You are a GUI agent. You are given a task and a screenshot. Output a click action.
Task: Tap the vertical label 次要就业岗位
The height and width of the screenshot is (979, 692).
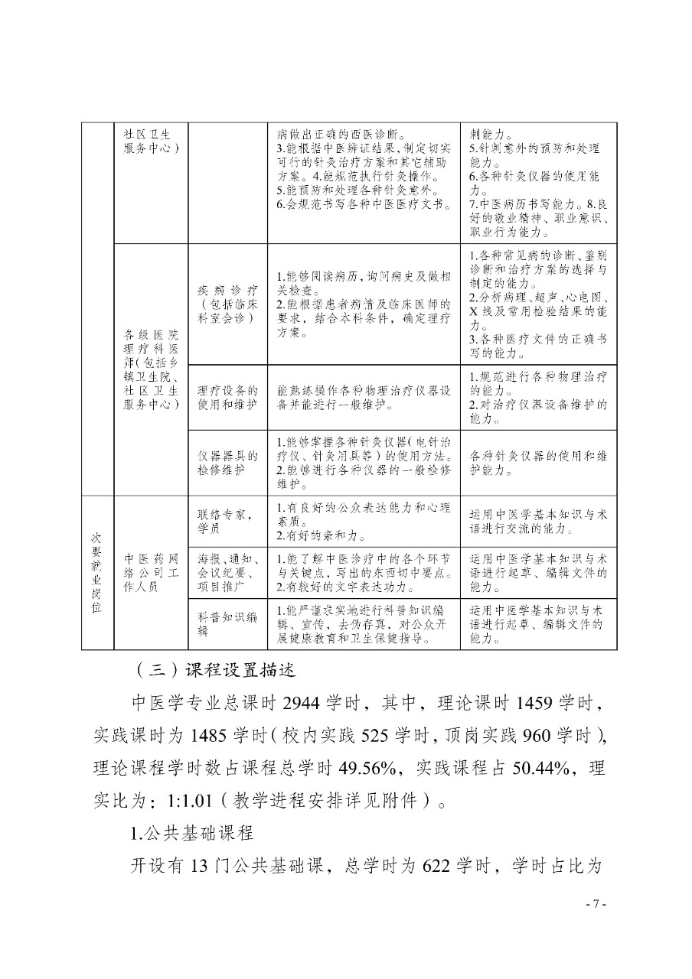pyautogui.click(x=97, y=572)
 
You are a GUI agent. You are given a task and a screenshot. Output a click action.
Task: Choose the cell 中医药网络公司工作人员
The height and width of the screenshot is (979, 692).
pyautogui.click(x=151, y=573)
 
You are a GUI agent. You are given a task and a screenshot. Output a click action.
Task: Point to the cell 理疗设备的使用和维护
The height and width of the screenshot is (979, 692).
pyautogui.click(x=227, y=396)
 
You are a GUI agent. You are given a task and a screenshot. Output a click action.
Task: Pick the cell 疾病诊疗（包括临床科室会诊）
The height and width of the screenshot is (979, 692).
pyautogui.click(x=227, y=304)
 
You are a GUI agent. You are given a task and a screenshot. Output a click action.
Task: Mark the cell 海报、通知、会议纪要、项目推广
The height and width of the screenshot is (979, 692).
pyautogui.click(x=227, y=572)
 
